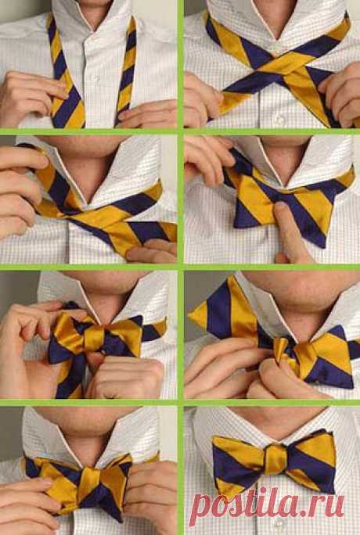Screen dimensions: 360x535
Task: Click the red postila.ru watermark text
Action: pyautogui.click(x=267, y=507)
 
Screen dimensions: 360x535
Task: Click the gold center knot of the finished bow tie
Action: pyautogui.click(x=274, y=459)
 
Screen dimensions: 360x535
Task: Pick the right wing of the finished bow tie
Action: pyautogui.click(x=310, y=461)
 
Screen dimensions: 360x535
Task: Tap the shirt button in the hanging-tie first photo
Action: pyautogui.click(x=97, y=79)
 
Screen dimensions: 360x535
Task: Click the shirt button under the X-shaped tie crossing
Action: pyautogui.click(x=280, y=120)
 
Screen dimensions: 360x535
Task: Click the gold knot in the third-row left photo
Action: pyautogui.click(x=93, y=337)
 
